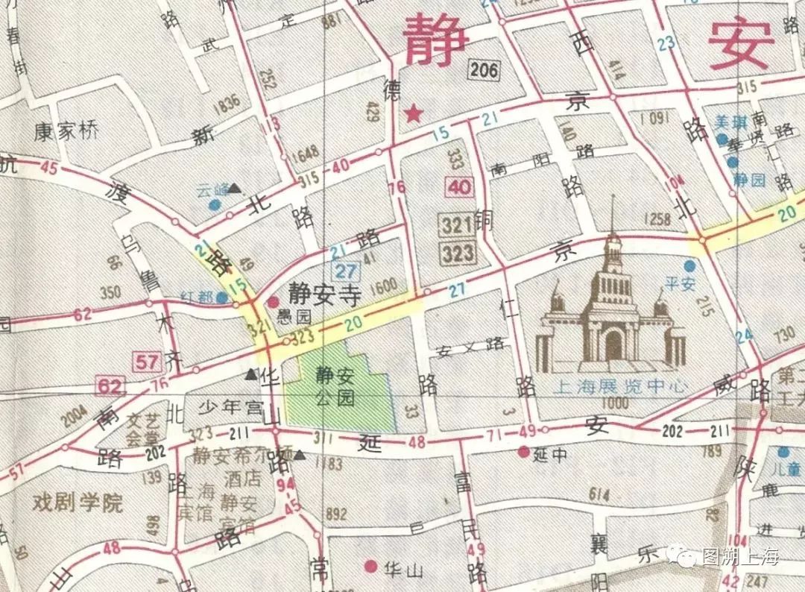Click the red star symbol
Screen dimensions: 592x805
click(x=412, y=114)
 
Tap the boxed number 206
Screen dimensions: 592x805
click(x=483, y=71)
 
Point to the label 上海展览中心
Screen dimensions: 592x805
click(x=620, y=387)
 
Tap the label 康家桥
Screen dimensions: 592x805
click(x=66, y=133)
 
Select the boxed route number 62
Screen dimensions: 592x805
click(x=109, y=385)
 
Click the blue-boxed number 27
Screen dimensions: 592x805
click(x=345, y=271)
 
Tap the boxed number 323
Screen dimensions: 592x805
click(x=457, y=254)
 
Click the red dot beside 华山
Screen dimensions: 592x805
click(x=370, y=567)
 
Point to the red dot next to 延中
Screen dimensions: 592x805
click(x=524, y=452)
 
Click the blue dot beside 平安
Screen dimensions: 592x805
click(x=692, y=265)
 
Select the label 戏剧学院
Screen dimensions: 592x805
click(x=78, y=503)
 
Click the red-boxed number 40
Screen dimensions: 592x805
click(x=461, y=186)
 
